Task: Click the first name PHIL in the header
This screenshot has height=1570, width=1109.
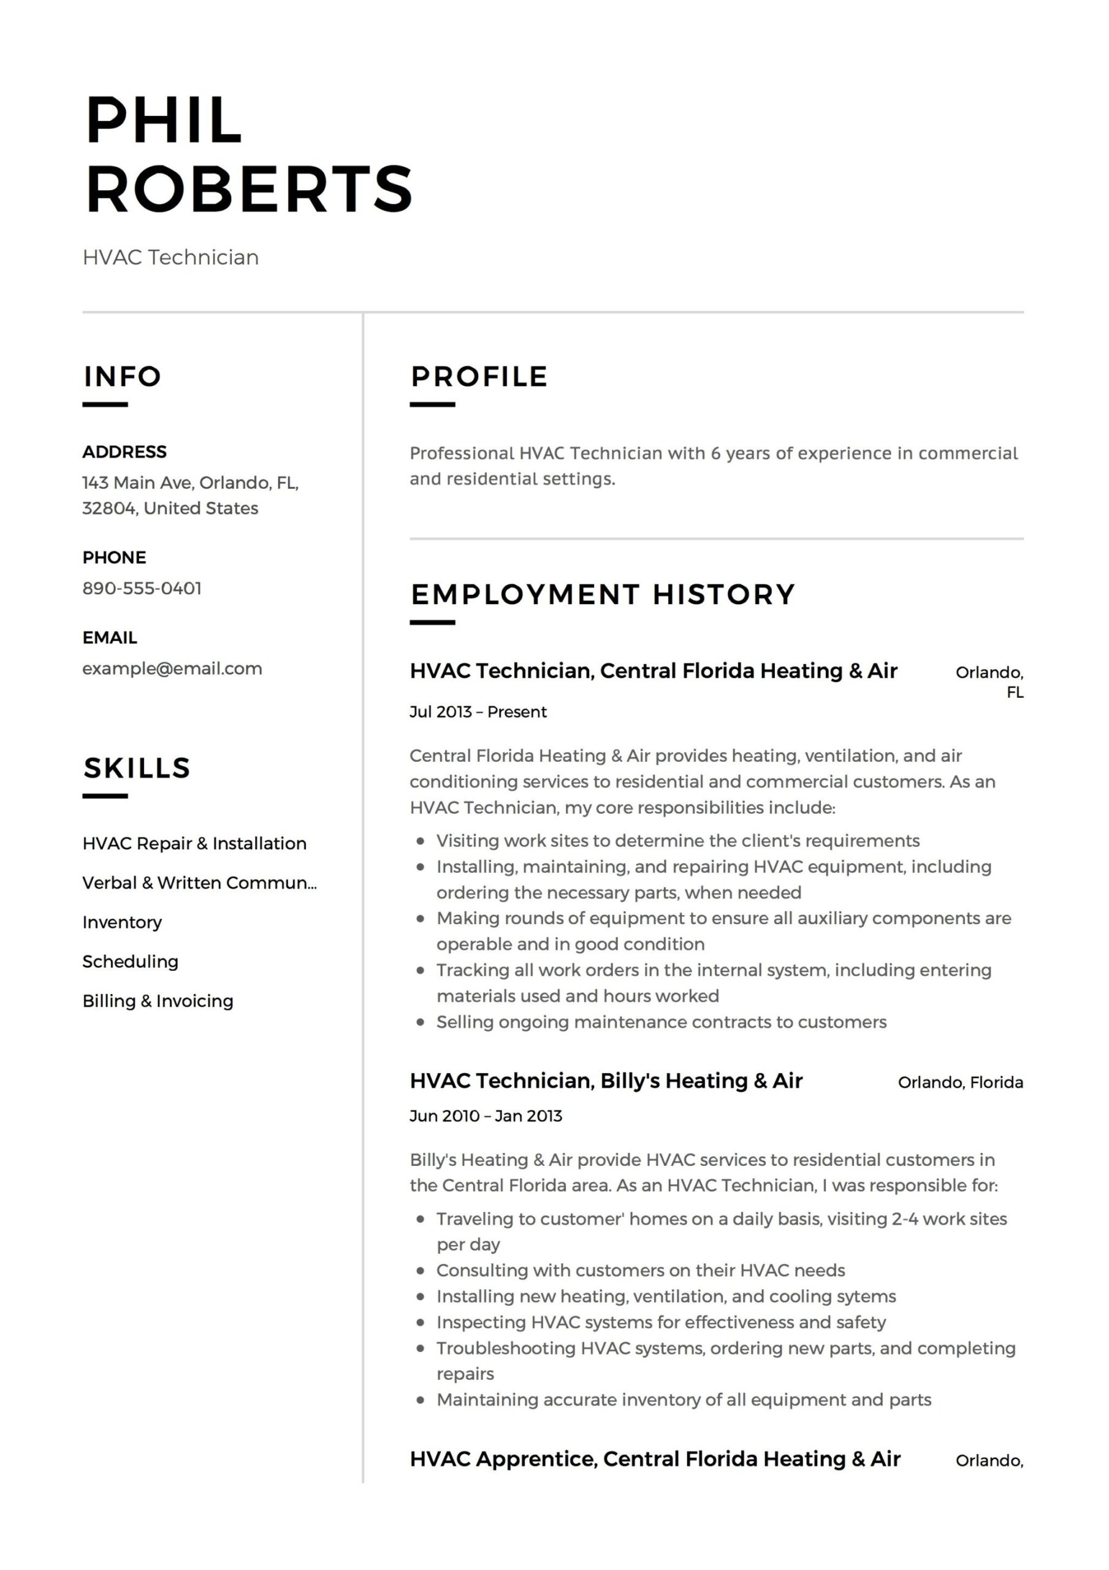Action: point(164,120)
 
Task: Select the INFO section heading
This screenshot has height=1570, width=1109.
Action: point(123,376)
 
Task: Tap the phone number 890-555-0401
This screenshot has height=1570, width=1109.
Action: point(142,588)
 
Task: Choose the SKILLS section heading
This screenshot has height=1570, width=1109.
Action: point(137,768)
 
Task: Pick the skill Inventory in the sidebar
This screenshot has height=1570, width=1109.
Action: point(123,922)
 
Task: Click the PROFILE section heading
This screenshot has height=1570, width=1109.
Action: point(479,376)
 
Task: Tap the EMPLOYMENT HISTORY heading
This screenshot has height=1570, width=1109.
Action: point(603,594)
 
